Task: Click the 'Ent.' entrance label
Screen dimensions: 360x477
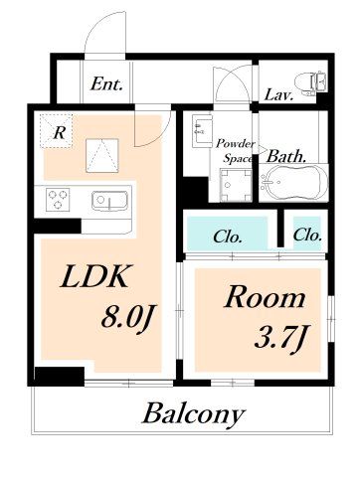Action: [x=106, y=83]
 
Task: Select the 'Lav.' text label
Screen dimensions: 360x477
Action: [x=279, y=95]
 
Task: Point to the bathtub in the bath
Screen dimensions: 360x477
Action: [x=292, y=183]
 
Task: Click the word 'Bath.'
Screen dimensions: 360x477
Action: [x=286, y=156]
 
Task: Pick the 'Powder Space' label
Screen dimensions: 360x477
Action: [x=236, y=151]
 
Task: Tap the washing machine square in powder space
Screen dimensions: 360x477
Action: [x=236, y=185]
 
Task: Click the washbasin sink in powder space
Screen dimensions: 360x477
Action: [x=202, y=130]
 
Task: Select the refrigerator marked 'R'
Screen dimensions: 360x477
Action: [x=56, y=131]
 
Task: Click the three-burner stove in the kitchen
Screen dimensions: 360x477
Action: [x=58, y=200]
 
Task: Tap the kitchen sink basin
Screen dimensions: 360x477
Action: [x=109, y=201]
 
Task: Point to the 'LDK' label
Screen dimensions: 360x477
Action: [x=94, y=275]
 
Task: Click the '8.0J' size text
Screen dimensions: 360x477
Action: [x=127, y=318]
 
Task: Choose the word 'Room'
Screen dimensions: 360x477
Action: [x=265, y=297]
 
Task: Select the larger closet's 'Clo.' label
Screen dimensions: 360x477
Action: [x=228, y=237]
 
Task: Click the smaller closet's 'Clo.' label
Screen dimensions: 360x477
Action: [x=307, y=235]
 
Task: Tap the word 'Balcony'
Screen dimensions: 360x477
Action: [x=194, y=413]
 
